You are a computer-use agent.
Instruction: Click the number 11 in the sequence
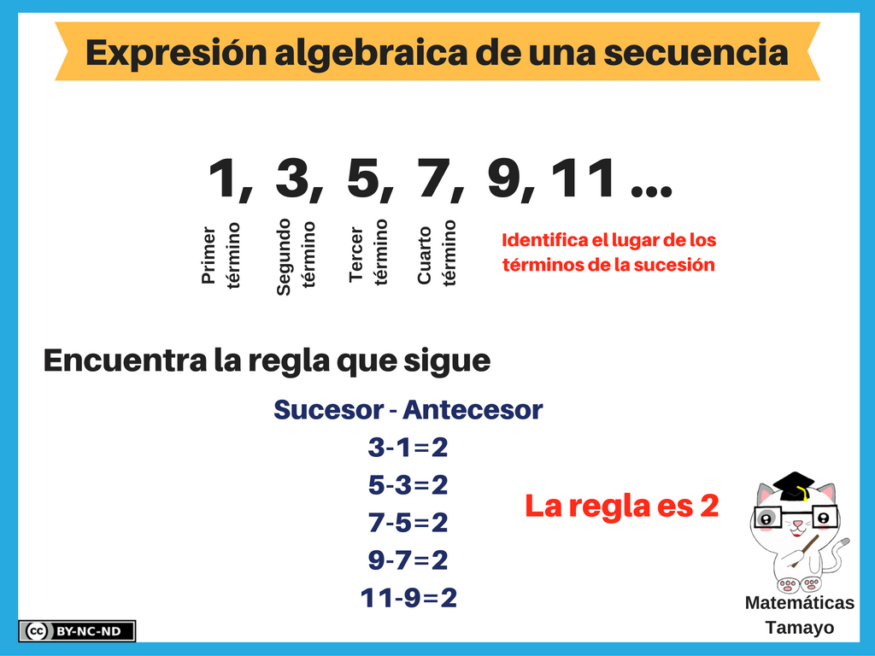583,178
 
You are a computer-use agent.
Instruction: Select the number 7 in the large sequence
433,178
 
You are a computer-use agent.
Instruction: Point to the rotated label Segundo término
296,256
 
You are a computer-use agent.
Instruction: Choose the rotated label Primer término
220,255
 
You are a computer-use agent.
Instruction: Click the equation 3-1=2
408,448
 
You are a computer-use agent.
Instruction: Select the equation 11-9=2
408,597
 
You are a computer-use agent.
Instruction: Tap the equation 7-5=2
408,523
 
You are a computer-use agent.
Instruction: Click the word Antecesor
473,410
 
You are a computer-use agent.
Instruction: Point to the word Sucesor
329,410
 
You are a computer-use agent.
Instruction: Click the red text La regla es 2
622,506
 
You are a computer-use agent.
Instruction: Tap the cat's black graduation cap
795,486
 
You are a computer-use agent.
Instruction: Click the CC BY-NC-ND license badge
77,631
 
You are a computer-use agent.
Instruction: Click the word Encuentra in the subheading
125,360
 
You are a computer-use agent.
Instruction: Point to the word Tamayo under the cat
800,628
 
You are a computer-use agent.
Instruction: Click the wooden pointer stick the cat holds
805,551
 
